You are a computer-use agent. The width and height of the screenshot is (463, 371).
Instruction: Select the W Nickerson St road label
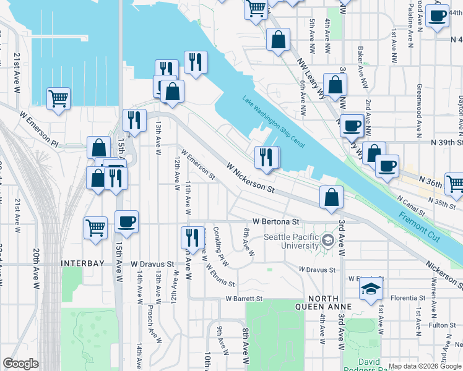(x=250, y=177)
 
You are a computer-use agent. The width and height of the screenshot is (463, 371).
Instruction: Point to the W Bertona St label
(x=275, y=221)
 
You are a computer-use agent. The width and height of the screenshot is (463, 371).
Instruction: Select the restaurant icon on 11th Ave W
(x=193, y=236)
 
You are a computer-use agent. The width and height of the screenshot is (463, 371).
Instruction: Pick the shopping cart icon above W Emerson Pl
(x=58, y=98)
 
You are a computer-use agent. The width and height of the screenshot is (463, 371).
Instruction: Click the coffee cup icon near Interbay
(x=126, y=221)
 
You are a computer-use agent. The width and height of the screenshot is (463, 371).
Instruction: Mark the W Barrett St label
(x=244, y=299)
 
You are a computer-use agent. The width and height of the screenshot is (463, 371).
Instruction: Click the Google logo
(x=20, y=364)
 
